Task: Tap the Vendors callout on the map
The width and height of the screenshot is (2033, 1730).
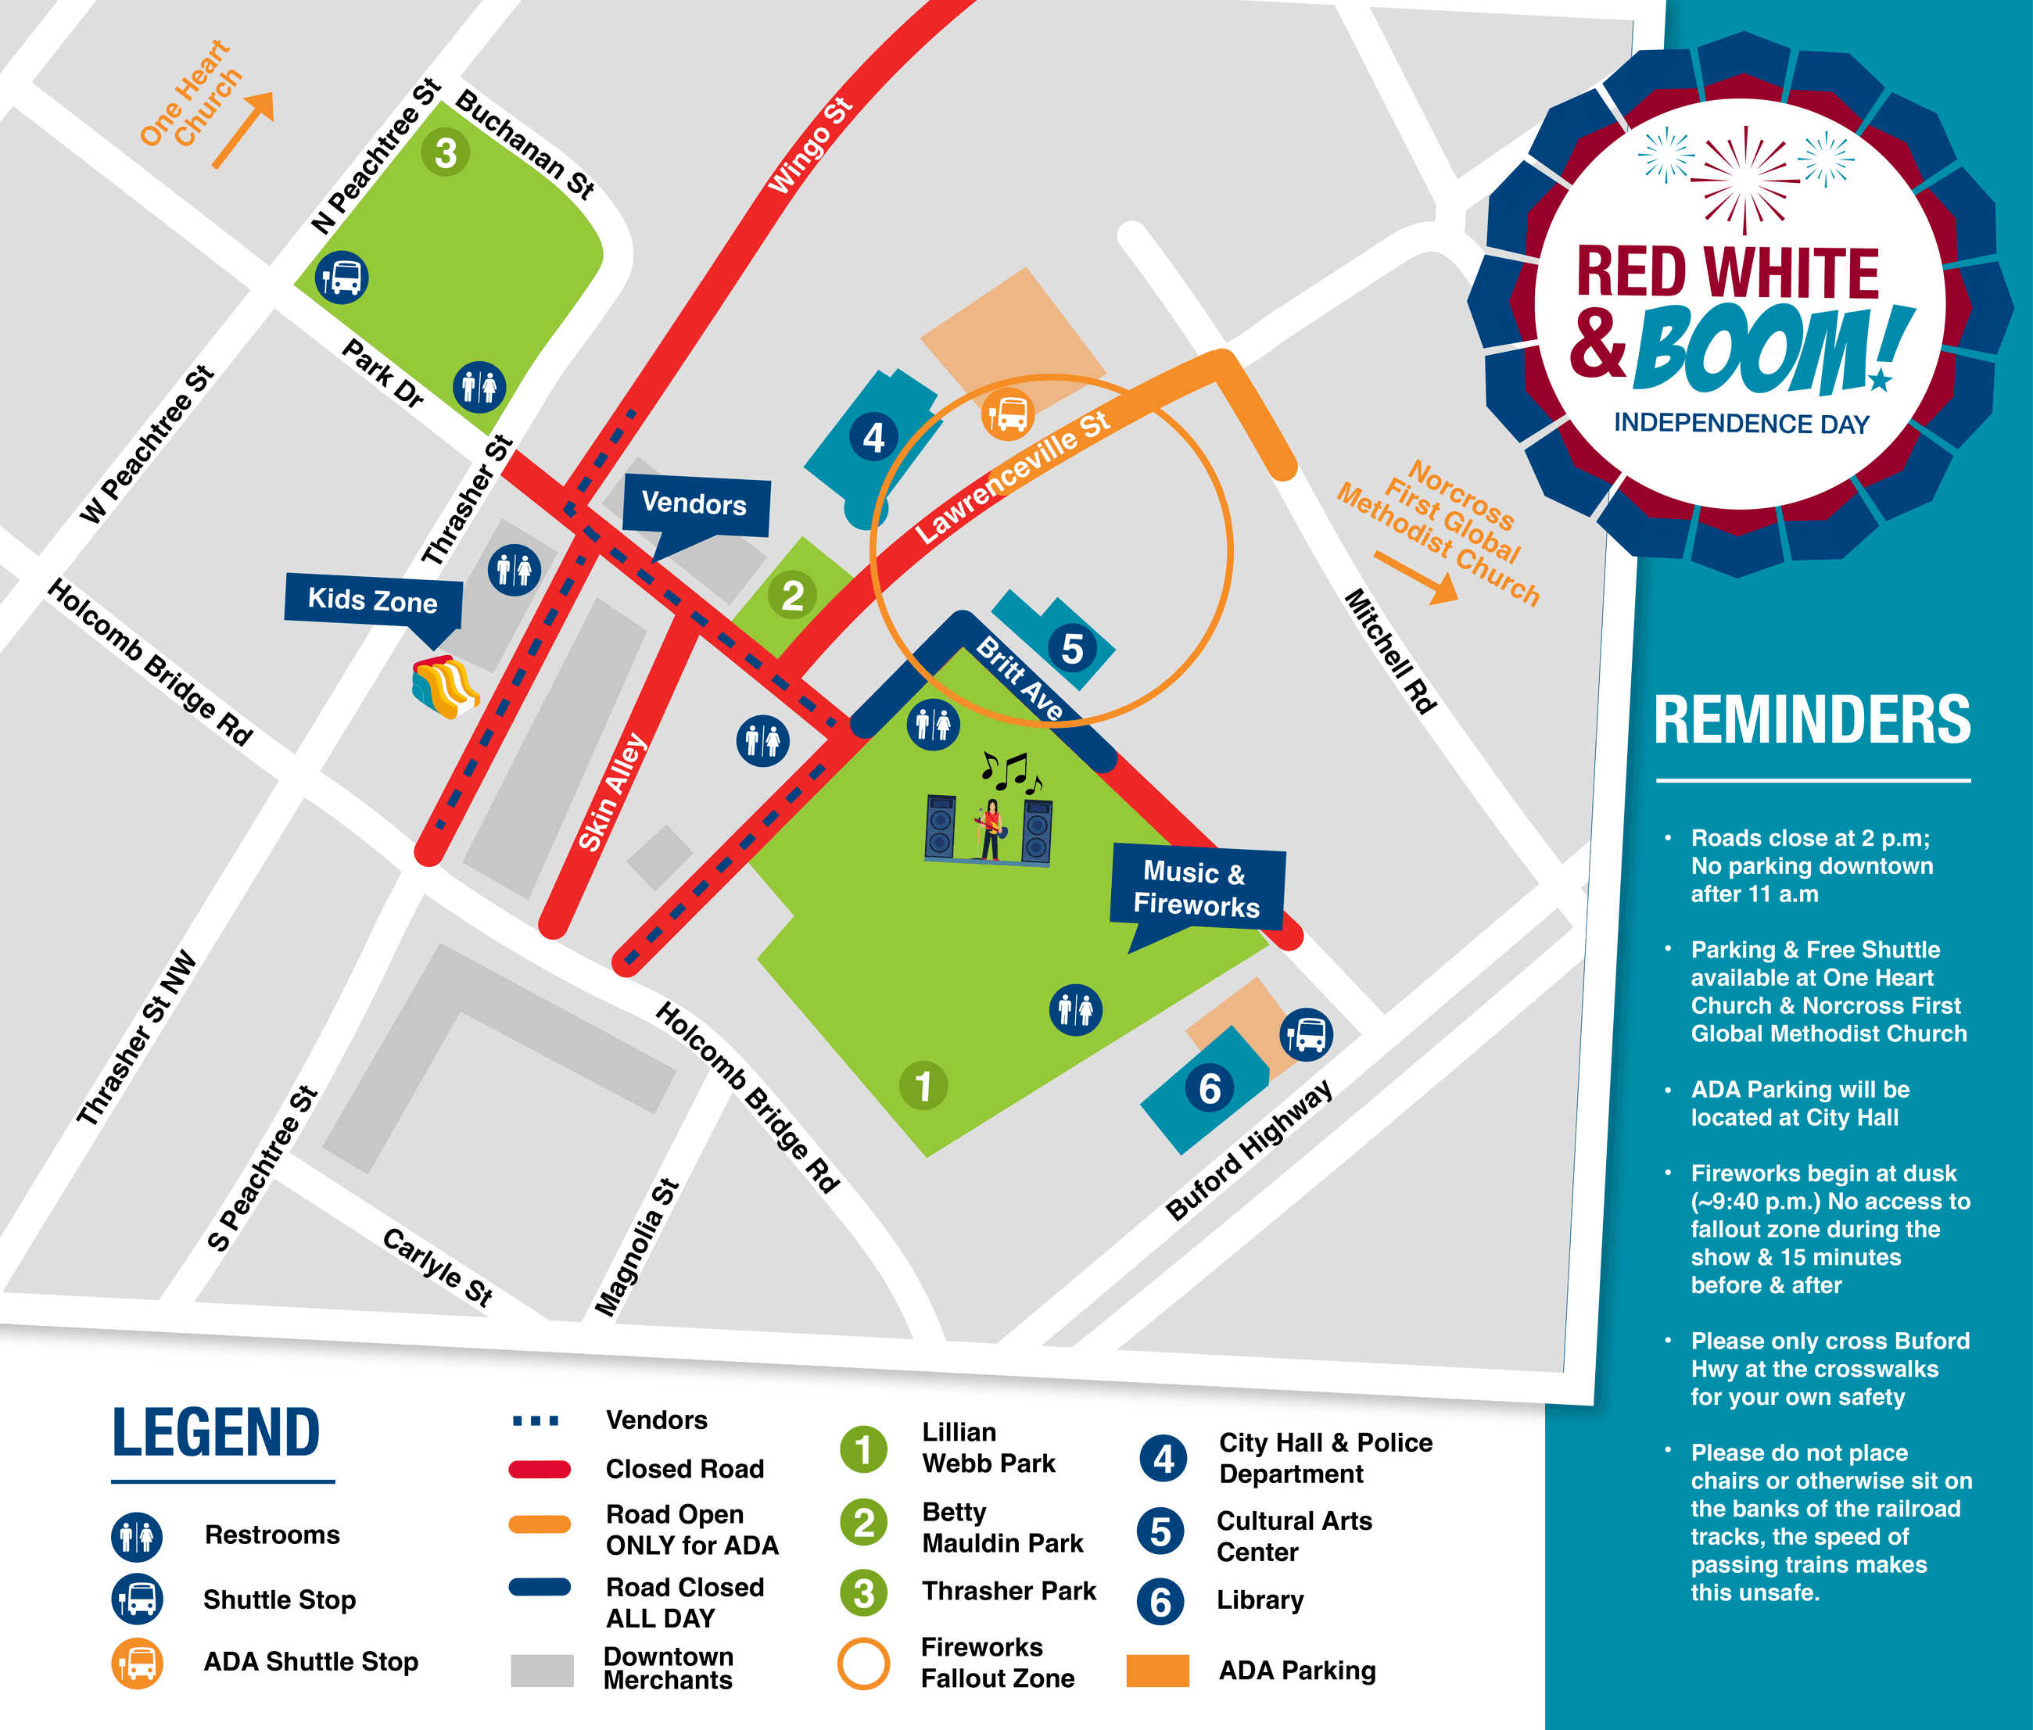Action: point(694,504)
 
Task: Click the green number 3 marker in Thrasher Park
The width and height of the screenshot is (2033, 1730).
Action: point(445,153)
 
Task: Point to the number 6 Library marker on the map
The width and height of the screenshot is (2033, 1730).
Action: point(1209,1089)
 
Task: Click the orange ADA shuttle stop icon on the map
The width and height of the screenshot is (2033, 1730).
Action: point(1007,414)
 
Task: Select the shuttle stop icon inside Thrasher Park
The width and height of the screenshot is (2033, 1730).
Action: point(341,278)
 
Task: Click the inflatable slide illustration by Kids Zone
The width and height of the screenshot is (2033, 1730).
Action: point(444,686)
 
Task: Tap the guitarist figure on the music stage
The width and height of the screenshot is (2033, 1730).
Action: point(991,829)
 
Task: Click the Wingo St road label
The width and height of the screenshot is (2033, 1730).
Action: point(809,147)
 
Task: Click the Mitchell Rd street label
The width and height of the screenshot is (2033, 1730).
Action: point(1389,651)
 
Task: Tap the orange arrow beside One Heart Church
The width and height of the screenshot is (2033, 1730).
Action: point(243,130)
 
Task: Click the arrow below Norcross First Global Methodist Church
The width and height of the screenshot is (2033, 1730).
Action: point(1416,578)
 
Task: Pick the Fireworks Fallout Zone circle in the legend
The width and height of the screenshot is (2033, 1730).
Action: point(863,1664)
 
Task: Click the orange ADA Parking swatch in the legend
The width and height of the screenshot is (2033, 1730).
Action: point(1157,1670)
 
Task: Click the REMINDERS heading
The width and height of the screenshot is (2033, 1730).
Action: point(1812,721)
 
